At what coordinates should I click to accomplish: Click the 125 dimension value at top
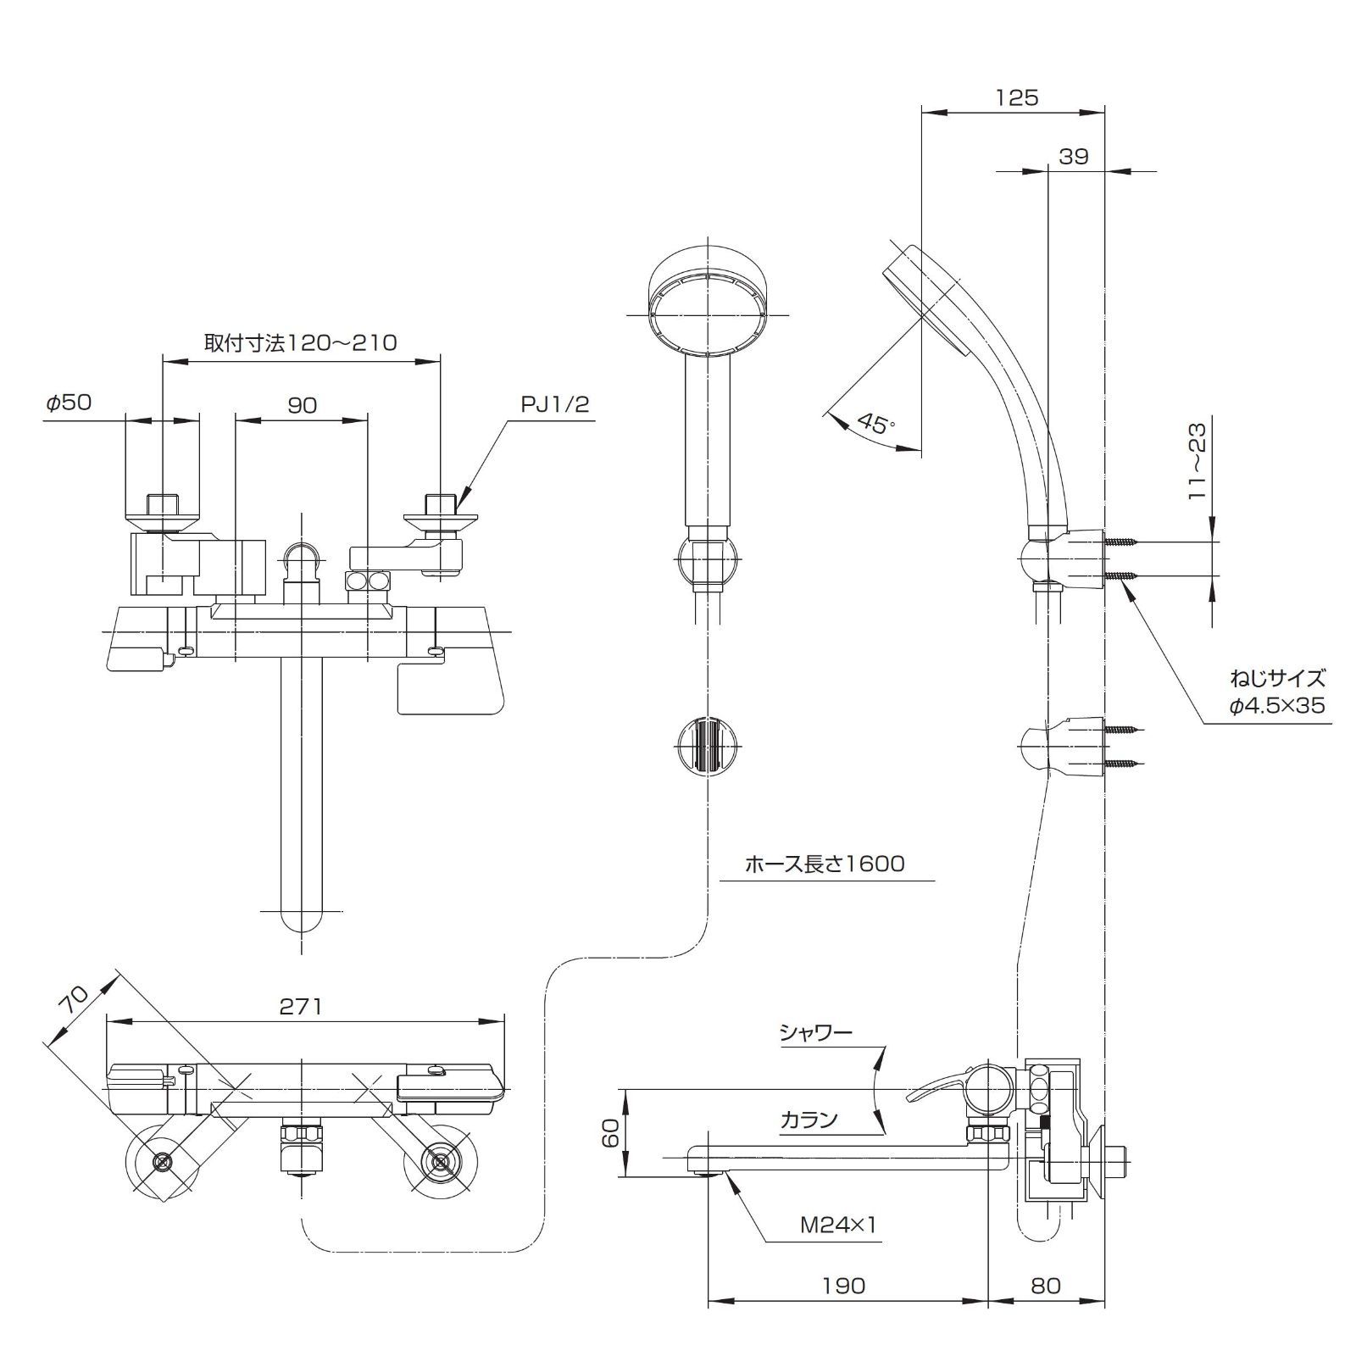1016,98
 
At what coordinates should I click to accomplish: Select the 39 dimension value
1073,157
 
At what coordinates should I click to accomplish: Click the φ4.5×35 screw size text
1277,705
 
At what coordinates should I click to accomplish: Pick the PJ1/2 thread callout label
554,404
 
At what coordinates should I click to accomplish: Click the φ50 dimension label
69,403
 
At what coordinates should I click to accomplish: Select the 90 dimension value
302,405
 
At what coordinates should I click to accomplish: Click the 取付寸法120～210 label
300,342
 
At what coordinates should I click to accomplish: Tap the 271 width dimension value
301,1006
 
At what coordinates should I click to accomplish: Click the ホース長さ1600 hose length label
824,864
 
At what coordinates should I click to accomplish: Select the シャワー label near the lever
815,1032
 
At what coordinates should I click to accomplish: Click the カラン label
809,1120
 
